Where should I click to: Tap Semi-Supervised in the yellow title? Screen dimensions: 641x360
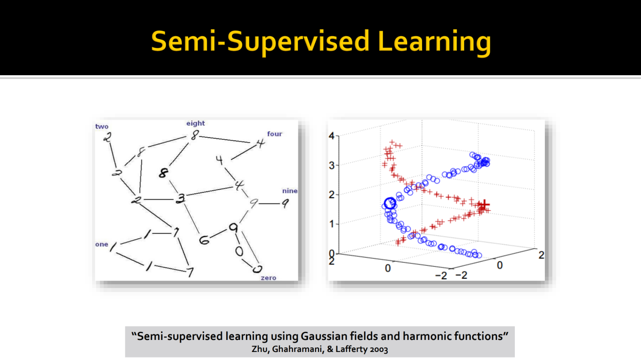pyautogui.click(x=260, y=42)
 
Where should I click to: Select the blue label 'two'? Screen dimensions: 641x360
pyautogui.click(x=102, y=127)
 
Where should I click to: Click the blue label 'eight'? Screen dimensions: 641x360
pyautogui.click(x=195, y=123)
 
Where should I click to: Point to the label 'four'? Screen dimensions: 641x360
pyautogui.click(x=275, y=134)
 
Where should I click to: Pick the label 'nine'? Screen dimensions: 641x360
pyautogui.click(x=289, y=191)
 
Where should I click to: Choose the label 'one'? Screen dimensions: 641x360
pyautogui.click(x=102, y=244)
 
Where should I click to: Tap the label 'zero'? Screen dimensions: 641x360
pyautogui.click(x=268, y=278)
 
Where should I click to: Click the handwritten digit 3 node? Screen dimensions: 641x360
pyautogui.click(x=181, y=198)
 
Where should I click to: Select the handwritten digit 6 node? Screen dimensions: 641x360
pyautogui.click(x=204, y=240)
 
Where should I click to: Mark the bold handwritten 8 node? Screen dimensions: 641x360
pyautogui.click(x=163, y=173)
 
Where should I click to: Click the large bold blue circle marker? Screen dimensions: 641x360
pyautogui.click(x=390, y=203)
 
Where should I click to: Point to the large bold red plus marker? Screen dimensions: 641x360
pyautogui.click(x=484, y=205)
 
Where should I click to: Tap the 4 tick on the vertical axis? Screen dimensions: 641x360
pyautogui.click(x=332, y=136)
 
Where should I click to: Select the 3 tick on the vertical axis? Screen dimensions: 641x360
pyautogui.click(x=332, y=165)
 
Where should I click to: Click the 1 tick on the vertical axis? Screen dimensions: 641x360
pyautogui.click(x=332, y=224)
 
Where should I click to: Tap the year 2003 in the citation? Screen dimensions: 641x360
pyautogui.click(x=379, y=349)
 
